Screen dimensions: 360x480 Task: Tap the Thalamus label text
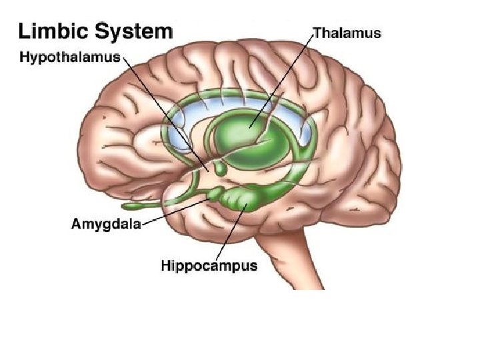347,33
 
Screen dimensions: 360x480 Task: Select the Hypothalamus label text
69,57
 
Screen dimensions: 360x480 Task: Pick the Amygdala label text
105,223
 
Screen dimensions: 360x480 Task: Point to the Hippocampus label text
209,266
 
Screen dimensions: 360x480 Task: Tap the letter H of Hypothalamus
23,57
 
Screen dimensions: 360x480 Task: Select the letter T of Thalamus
317,33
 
